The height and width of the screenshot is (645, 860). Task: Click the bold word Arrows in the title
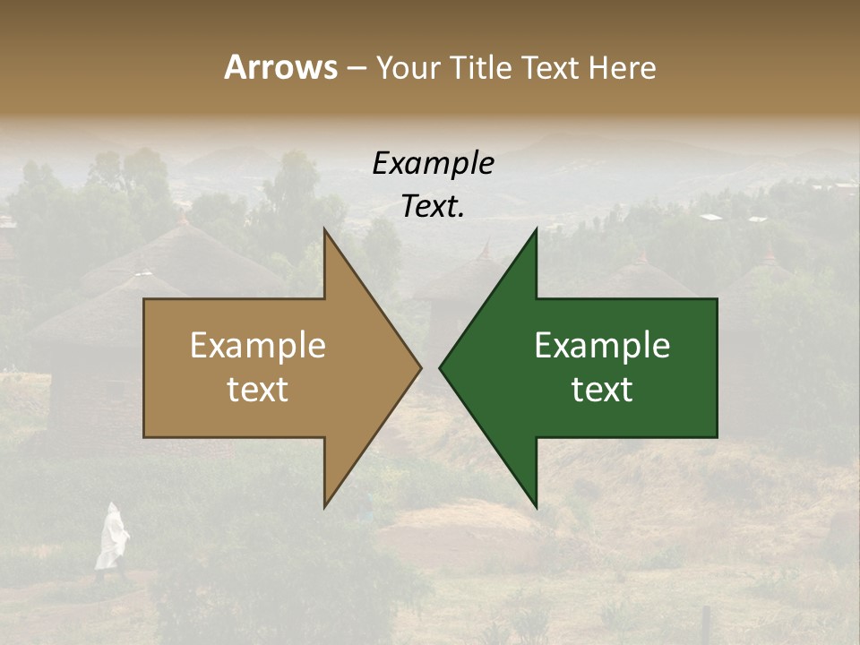(x=280, y=67)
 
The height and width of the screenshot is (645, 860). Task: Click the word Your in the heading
(x=407, y=68)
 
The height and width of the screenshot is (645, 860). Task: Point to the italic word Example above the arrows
(x=433, y=164)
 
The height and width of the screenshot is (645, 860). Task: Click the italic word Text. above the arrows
(x=433, y=207)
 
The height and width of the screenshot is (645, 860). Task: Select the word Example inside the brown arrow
(x=258, y=346)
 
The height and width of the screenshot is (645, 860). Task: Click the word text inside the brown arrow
(x=258, y=390)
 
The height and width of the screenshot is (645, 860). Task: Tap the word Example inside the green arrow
(x=602, y=346)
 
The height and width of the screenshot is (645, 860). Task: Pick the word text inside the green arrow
(x=602, y=390)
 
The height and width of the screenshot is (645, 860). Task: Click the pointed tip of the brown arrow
(x=420, y=367)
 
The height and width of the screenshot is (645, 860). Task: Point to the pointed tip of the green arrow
(x=441, y=367)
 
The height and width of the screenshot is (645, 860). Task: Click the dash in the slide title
(x=357, y=68)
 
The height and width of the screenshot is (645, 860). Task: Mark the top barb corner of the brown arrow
(x=324, y=229)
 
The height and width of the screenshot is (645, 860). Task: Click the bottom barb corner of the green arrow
(x=536, y=507)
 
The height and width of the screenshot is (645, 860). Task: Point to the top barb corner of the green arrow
(x=536, y=229)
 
